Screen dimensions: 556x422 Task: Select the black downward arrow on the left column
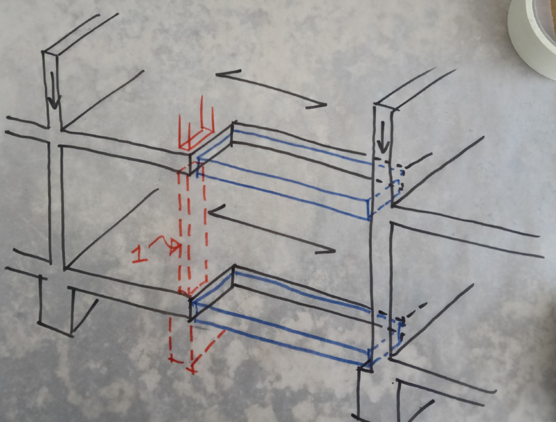(x=54, y=91)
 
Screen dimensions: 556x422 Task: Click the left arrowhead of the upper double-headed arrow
(x=227, y=74)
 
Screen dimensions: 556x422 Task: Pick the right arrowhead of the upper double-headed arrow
(x=317, y=105)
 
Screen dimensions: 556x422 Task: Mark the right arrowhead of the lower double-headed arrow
(x=326, y=250)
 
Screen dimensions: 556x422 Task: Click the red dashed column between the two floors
(x=192, y=227)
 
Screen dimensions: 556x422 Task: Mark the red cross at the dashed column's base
(x=192, y=370)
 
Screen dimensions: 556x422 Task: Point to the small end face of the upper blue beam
(x=369, y=209)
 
